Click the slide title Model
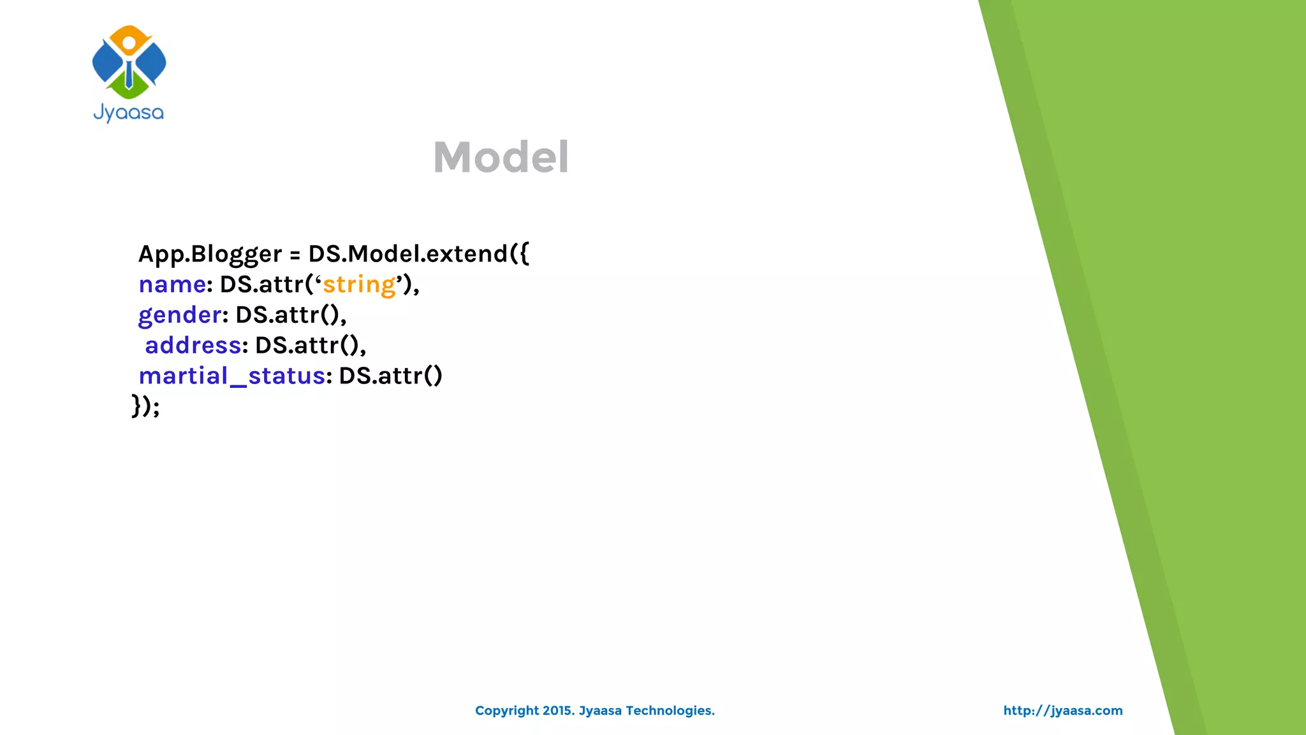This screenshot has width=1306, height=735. click(501, 157)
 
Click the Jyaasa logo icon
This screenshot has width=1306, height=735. click(129, 63)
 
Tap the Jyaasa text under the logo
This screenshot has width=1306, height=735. click(129, 113)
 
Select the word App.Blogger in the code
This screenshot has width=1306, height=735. click(210, 254)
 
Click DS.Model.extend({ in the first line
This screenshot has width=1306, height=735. click(418, 254)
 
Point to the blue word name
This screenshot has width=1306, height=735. click(172, 285)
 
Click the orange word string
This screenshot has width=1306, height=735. click(359, 285)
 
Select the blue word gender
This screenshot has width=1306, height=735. click(180, 315)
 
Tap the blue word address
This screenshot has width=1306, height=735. click(193, 345)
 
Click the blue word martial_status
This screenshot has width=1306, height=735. click(232, 376)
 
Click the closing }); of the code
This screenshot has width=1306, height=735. click(145, 406)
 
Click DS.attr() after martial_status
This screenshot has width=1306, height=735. click(390, 376)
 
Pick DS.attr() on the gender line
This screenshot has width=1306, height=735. click(290, 315)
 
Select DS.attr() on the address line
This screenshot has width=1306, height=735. click(310, 345)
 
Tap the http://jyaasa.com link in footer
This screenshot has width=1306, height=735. click(1062, 711)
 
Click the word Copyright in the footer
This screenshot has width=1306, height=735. click(507, 711)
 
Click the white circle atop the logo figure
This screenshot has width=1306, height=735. click(129, 43)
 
